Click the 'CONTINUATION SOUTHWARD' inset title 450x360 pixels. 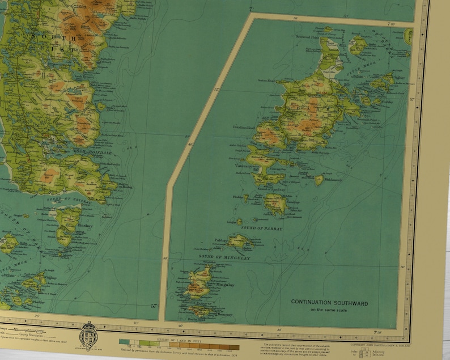click(x=329, y=303)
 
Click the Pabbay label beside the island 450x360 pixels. click(x=220, y=240)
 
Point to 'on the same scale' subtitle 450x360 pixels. click(x=329, y=310)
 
